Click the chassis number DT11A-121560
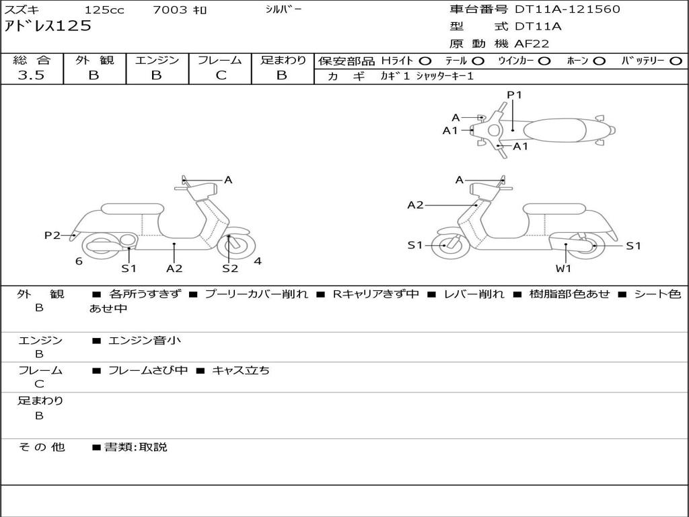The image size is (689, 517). click(x=567, y=9)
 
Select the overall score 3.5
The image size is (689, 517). click(x=31, y=75)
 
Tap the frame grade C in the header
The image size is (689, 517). click(x=221, y=75)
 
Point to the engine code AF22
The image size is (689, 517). click(x=532, y=44)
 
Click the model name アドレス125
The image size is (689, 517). click(x=48, y=26)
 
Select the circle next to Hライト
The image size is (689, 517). click(x=425, y=61)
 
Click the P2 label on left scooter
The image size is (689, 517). click(x=52, y=235)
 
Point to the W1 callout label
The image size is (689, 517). click(x=563, y=269)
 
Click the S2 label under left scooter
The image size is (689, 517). click(x=230, y=269)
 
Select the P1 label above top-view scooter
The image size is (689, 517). click(x=514, y=95)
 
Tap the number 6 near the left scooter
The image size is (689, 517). click(x=79, y=261)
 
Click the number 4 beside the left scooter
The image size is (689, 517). click(x=258, y=261)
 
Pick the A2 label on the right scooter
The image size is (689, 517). click(x=415, y=205)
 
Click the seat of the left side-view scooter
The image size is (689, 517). click(x=132, y=209)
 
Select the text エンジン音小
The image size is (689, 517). click(x=145, y=341)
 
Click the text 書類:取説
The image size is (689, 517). click(x=135, y=447)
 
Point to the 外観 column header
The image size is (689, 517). click(x=94, y=60)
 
